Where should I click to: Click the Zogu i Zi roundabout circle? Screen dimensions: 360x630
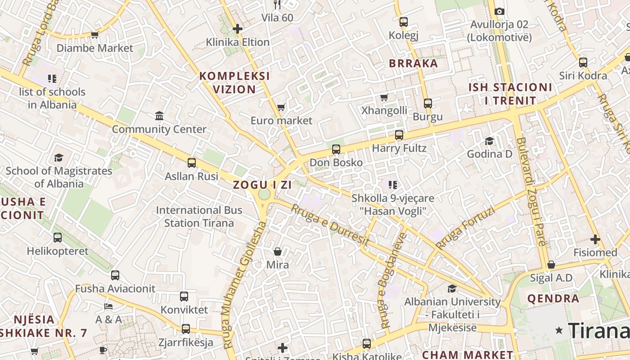(x=265, y=194)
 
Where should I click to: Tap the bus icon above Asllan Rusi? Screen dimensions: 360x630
(x=192, y=163)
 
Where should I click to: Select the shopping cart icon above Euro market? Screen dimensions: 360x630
(x=281, y=107)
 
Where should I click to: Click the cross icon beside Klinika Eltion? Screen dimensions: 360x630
(x=238, y=29)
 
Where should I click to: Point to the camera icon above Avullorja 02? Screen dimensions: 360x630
(x=499, y=11)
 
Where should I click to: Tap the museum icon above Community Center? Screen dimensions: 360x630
(x=159, y=116)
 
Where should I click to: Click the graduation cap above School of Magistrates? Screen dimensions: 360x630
(x=59, y=157)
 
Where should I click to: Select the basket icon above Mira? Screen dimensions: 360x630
(x=278, y=252)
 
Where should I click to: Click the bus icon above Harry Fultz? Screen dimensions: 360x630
(x=399, y=135)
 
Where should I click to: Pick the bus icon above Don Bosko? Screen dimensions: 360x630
(x=336, y=149)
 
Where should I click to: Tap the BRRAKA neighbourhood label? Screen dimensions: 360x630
(x=414, y=63)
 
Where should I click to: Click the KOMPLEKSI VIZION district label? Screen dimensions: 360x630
(x=234, y=82)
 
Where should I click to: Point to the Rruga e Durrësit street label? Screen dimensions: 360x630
(x=330, y=225)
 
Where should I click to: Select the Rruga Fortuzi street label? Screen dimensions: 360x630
(x=465, y=228)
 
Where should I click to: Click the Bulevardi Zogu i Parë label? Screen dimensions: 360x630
(x=531, y=191)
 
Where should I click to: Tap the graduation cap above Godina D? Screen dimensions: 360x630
(x=489, y=141)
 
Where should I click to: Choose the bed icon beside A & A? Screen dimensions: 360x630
(x=108, y=306)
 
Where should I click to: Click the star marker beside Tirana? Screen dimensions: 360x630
(x=559, y=331)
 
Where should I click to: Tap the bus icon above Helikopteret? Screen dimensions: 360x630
(x=58, y=238)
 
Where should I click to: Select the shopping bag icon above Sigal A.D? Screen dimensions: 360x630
(x=551, y=265)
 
